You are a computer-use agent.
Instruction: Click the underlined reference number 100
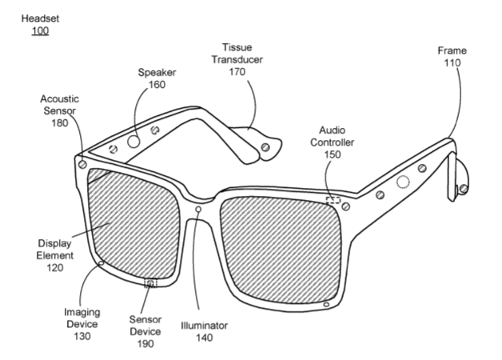tap(40, 30)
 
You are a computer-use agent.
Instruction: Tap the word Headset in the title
tap(40, 18)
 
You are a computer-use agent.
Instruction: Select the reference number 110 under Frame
tap(452, 62)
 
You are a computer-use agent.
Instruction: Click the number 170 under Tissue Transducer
tap(237, 72)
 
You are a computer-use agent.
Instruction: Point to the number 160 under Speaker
tap(157, 85)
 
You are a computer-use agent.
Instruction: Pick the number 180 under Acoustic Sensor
tap(60, 123)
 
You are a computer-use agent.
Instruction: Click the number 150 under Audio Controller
tap(333, 154)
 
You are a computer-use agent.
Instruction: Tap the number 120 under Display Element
tap(54, 268)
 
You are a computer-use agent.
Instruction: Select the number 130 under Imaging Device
tap(82, 336)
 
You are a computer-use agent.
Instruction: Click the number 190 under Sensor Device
tap(145, 344)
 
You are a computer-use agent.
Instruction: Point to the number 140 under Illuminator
tap(205, 338)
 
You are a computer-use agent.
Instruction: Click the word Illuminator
tap(205, 326)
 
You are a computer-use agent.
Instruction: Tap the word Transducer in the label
tap(237, 59)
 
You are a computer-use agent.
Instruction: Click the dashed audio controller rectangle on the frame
tap(333, 201)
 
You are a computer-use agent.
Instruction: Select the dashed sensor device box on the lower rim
tap(150, 283)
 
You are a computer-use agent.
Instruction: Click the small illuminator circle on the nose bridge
tap(198, 210)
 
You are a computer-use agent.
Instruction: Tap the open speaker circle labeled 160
tap(133, 142)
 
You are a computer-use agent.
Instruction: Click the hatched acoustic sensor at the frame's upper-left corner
tap(82, 165)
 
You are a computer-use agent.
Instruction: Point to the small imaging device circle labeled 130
tap(102, 263)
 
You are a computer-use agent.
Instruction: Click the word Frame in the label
tap(452, 50)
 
